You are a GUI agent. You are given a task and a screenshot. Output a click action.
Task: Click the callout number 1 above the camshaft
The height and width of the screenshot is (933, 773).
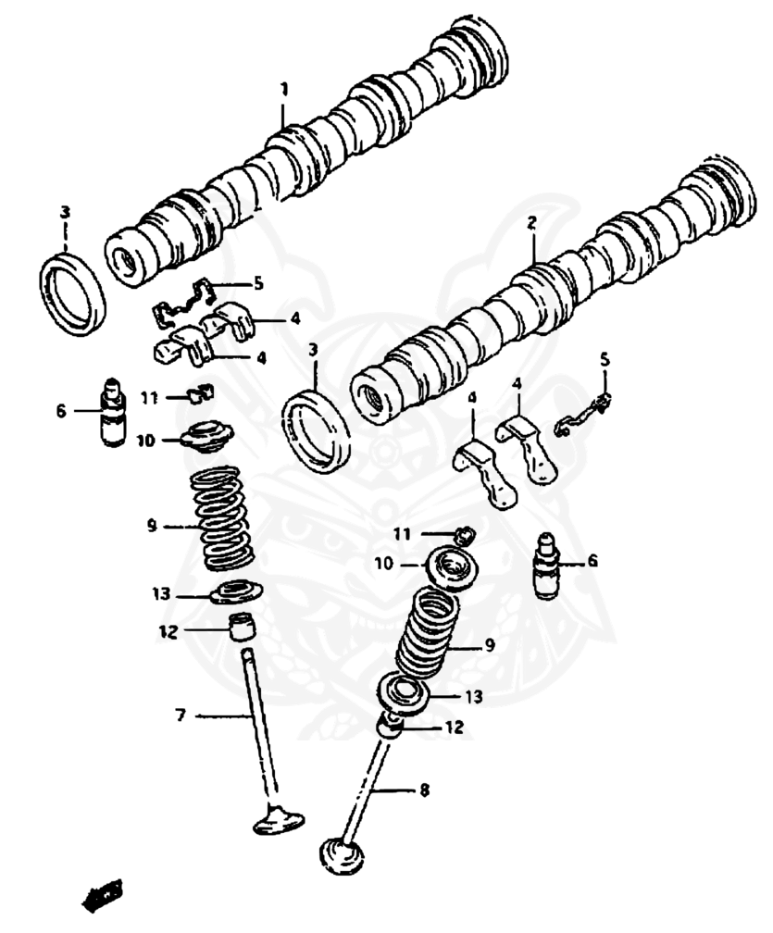click(285, 90)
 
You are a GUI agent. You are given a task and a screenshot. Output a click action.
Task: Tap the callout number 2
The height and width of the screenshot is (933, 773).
click(531, 222)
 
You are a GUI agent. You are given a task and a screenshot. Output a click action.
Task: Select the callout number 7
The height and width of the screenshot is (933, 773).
click(181, 715)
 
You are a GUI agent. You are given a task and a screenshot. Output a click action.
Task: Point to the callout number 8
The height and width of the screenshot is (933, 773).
click(424, 790)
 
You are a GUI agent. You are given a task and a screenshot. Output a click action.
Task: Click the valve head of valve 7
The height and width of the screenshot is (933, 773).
click(281, 818)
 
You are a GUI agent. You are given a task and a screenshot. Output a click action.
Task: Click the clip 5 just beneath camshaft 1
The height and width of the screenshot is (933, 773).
click(191, 301)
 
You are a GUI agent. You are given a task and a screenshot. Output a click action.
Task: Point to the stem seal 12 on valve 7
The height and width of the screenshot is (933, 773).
click(242, 627)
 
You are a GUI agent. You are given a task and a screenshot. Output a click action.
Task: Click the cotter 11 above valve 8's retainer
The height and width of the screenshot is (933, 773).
click(465, 533)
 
